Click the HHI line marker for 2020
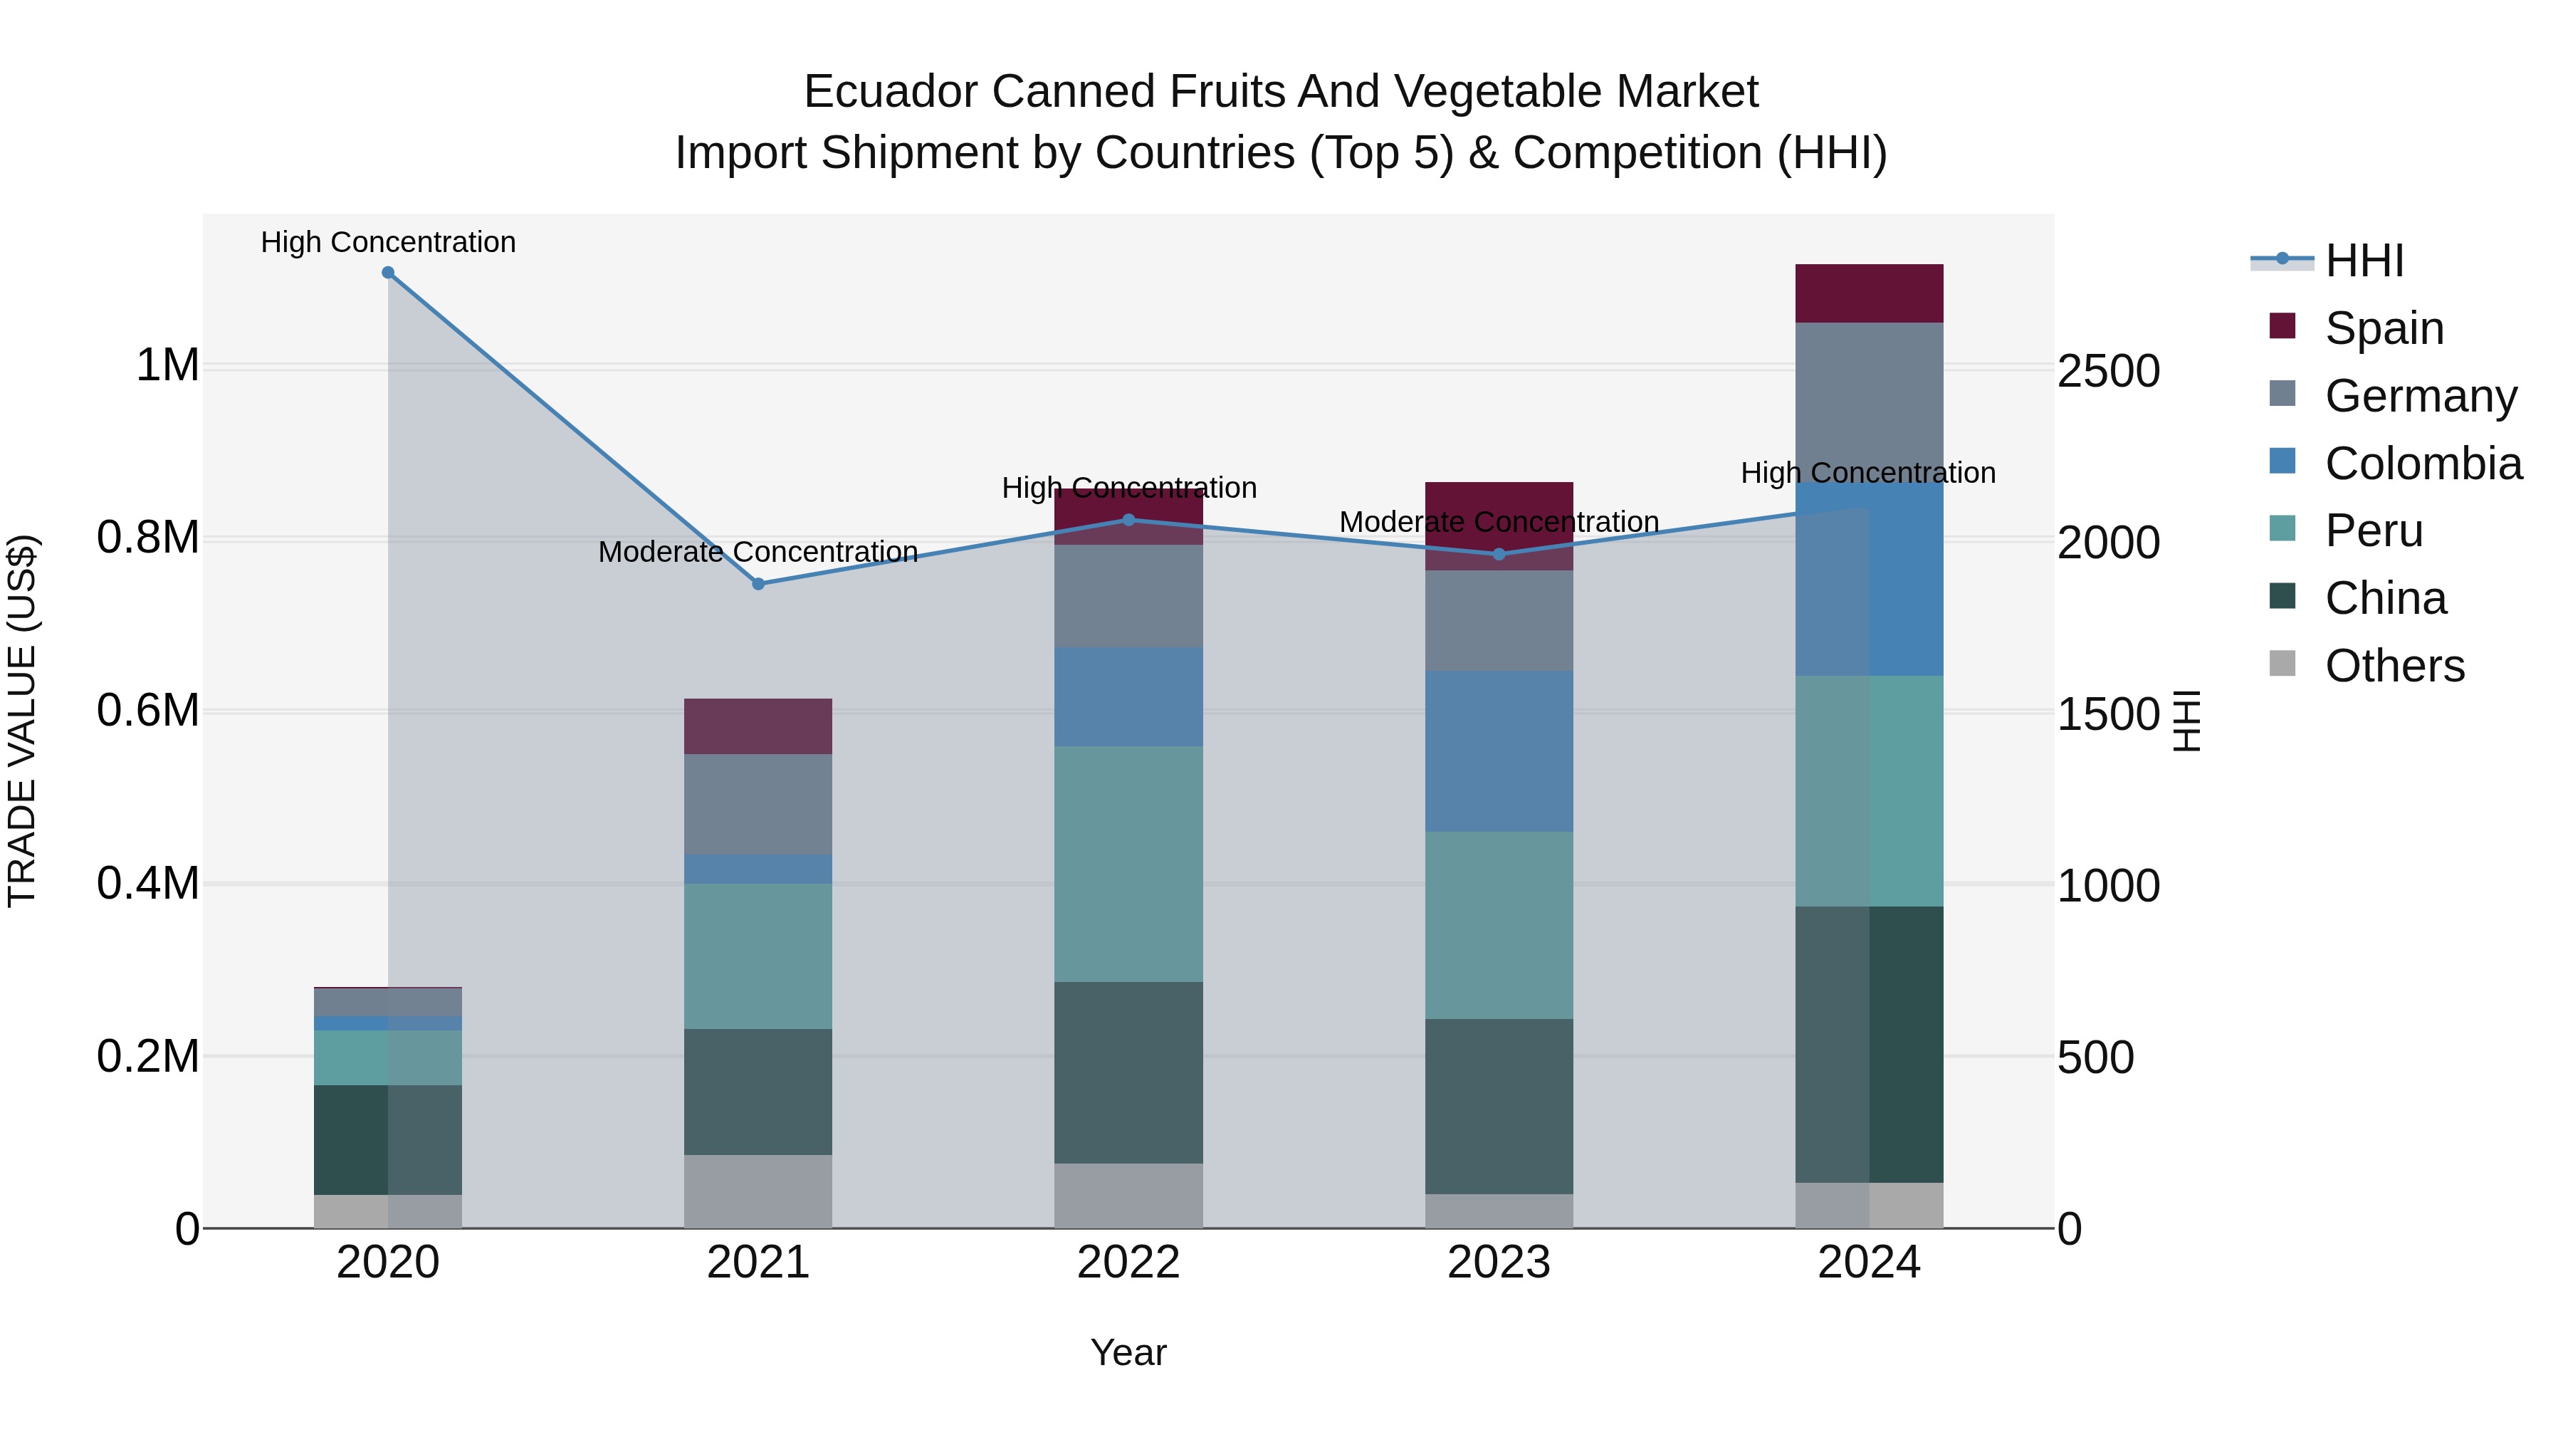pos(388,273)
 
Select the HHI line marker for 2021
pos(758,584)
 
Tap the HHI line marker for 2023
pos(1499,554)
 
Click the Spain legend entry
pos(2383,328)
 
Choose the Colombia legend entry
pos(2422,464)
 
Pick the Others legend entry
pos(2394,666)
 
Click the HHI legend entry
pos(2364,261)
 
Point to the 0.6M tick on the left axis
pos(148,711)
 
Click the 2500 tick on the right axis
pos(2108,371)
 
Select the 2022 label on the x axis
pos(1128,1263)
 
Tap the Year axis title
pos(1128,1352)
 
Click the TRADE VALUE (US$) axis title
pos(22,721)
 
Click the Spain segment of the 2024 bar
pos(1869,293)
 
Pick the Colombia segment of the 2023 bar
pos(1499,751)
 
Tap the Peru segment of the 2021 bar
pos(758,956)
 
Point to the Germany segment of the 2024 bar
pos(1869,398)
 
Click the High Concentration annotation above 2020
pos(388,242)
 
